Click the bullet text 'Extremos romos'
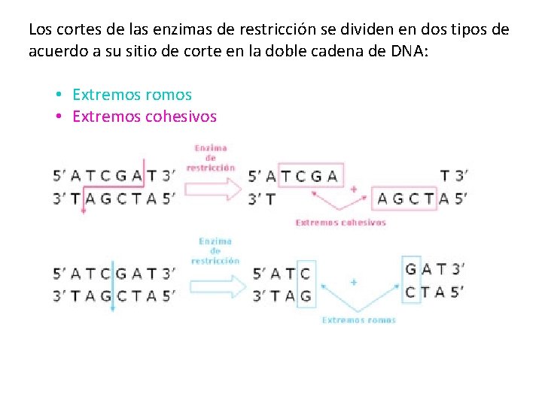(x=132, y=95)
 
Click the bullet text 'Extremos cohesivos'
(x=144, y=117)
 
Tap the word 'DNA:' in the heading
(x=406, y=51)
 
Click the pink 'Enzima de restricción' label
(x=210, y=158)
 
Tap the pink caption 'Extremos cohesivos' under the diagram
(x=340, y=223)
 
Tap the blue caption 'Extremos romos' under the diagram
(x=358, y=320)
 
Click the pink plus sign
(x=353, y=189)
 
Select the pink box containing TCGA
(x=311, y=176)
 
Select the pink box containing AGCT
(x=405, y=198)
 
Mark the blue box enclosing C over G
(x=305, y=283)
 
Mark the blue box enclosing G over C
(x=411, y=280)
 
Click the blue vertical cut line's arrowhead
(x=112, y=308)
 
